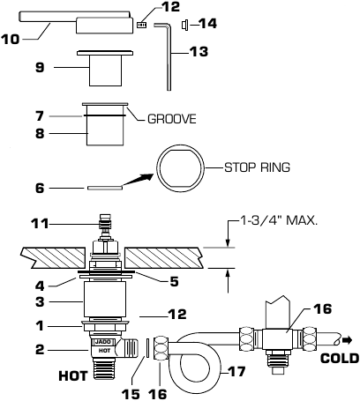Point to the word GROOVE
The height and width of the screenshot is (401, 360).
pyautogui.click(x=171, y=116)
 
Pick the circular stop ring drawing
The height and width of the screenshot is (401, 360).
pyautogui.click(x=180, y=168)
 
